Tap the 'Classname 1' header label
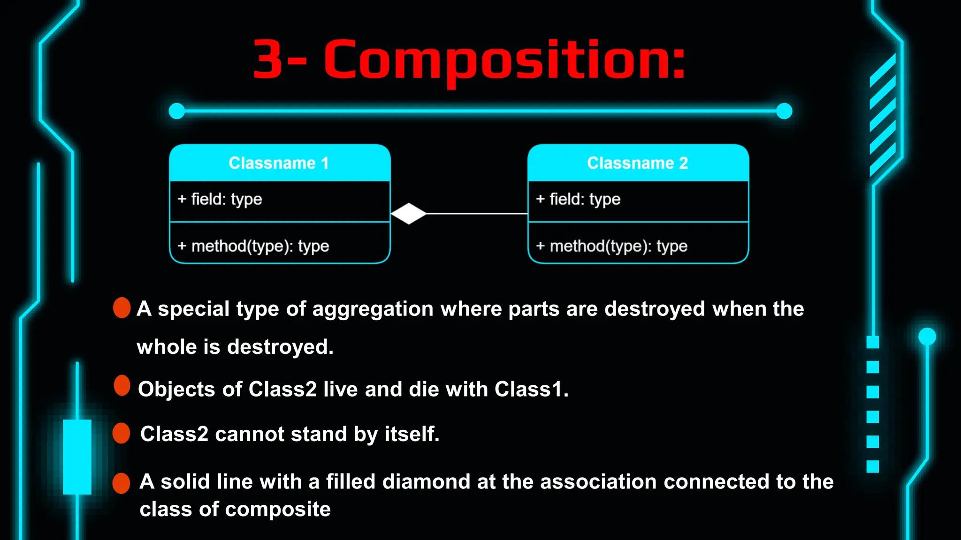[279, 163]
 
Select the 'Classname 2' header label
[637, 163]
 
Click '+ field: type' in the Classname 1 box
[220, 199]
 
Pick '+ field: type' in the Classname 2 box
[578, 199]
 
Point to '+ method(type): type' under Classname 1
[253, 246]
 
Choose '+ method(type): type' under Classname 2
[612, 246]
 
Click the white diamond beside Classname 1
[409, 214]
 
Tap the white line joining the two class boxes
[476, 214]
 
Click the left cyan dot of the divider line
[177, 111]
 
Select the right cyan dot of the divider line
[784, 111]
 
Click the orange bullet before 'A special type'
[122, 308]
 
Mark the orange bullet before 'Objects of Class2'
[122, 385]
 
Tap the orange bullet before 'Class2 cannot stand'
[122, 433]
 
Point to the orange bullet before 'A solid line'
[122, 483]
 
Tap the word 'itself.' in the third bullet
[412, 434]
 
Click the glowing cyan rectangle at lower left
[77, 457]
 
